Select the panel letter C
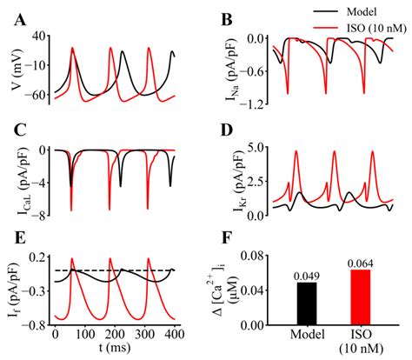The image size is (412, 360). click(18, 131)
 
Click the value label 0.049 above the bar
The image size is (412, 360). click(305, 277)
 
